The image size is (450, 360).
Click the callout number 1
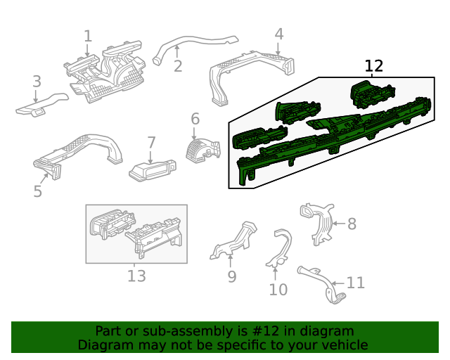[88, 36]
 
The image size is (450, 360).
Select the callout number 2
[178, 66]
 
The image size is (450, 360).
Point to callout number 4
[279, 34]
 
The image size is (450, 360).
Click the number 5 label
[38, 191]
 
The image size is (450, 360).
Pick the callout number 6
[195, 119]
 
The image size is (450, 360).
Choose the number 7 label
[151, 143]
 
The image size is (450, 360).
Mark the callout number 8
[352, 224]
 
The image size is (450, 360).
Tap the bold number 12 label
[374, 66]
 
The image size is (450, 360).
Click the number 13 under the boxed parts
[136, 276]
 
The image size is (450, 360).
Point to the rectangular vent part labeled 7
[152, 169]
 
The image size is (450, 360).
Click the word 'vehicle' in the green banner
[342, 345]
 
